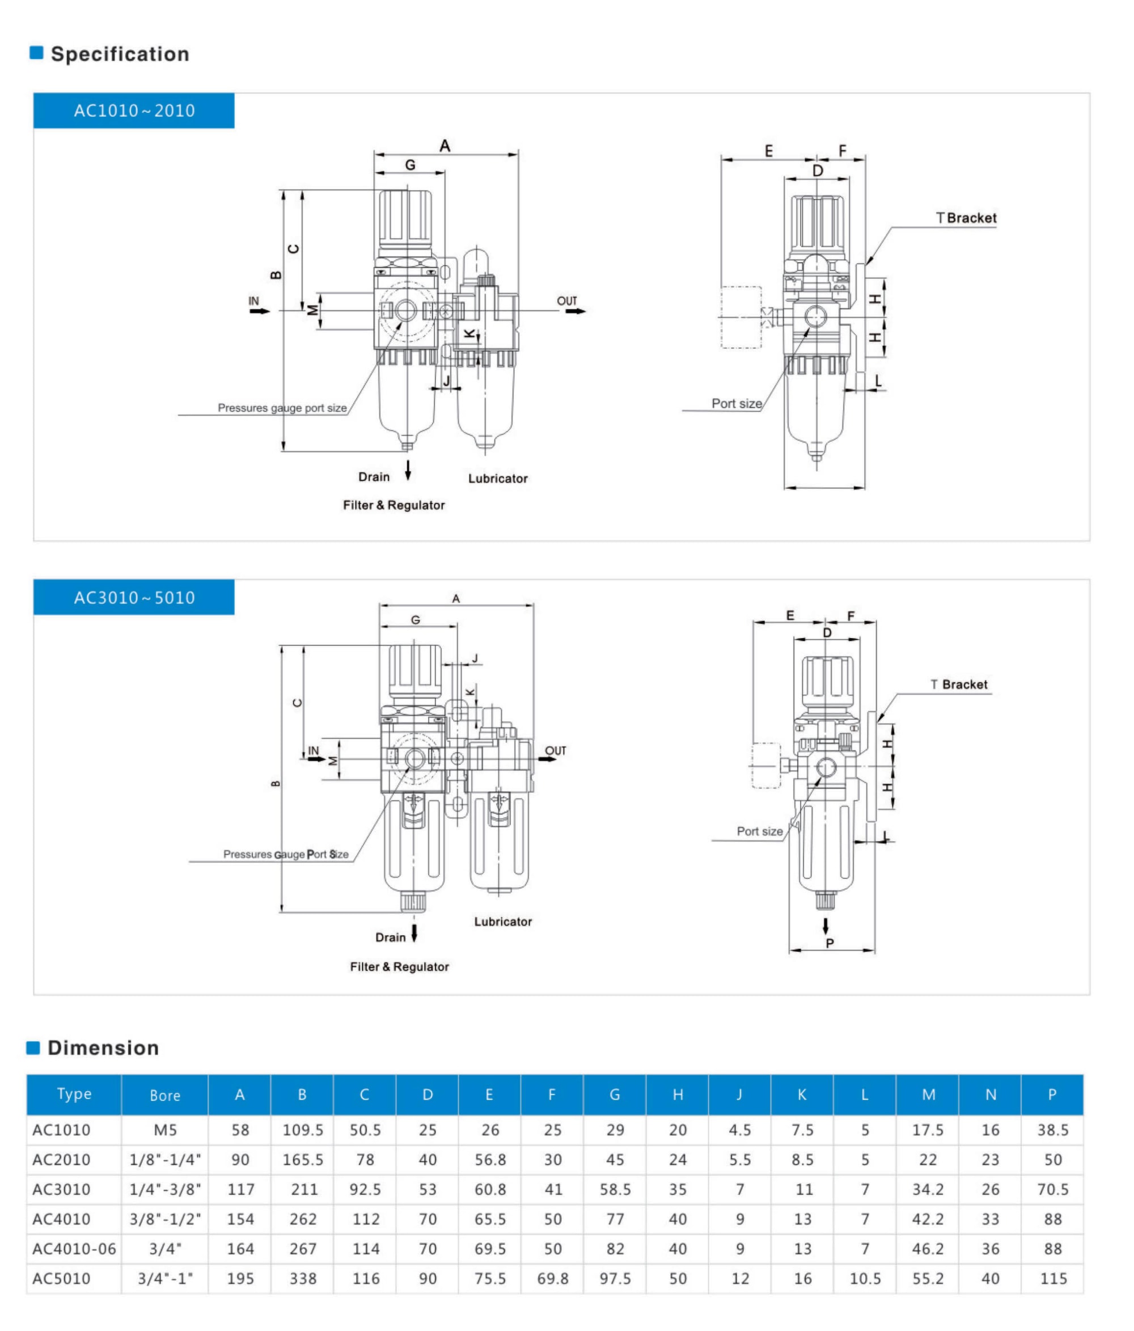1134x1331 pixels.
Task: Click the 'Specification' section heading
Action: click(x=120, y=54)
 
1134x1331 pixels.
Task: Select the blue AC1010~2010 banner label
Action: click(x=134, y=111)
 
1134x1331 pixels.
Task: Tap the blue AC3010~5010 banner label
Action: click(x=134, y=597)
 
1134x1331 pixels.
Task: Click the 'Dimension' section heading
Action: click(x=103, y=1047)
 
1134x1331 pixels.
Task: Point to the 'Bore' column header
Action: click(x=164, y=1095)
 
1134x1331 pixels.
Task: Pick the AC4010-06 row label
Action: click(x=74, y=1248)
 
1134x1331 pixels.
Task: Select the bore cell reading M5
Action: click(x=164, y=1130)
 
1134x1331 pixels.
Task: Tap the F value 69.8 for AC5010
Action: click(x=552, y=1278)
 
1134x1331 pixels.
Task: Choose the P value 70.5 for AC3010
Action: click(x=1052, y=1189)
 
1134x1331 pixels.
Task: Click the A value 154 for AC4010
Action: click(x=240, y=1219)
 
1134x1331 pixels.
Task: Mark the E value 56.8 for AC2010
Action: click(x=489, y=1160)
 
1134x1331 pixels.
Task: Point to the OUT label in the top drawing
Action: click(x=566, y=301)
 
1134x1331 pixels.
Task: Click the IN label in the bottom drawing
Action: click(x=314, y=750)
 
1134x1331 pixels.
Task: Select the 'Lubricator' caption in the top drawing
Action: click(x=497, y=479)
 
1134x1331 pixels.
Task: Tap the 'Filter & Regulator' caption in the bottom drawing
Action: click(x=399, y=967)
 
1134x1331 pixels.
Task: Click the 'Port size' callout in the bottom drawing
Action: click(x=759, y=831)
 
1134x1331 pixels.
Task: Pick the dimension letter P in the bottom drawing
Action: click(x=829, y=943)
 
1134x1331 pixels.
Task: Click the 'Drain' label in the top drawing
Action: click(x=374, y=476)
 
